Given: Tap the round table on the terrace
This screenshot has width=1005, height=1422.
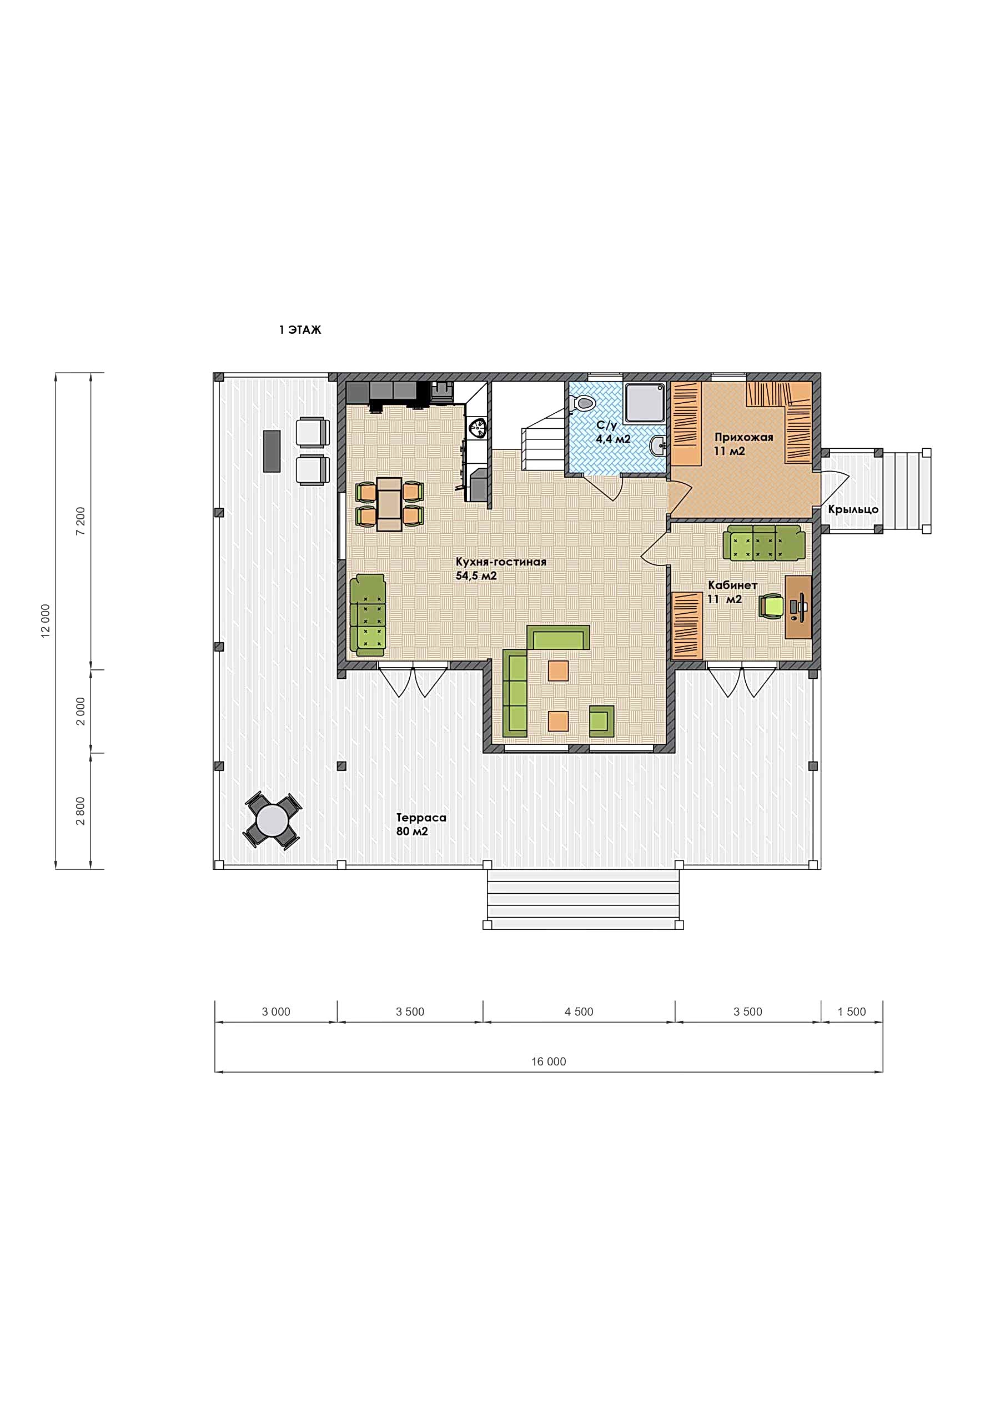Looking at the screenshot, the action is pos(273,820).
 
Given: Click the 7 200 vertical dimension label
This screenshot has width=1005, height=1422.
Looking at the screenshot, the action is pos(81,521).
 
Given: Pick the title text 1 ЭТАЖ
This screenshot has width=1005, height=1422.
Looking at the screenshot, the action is pos(300,330).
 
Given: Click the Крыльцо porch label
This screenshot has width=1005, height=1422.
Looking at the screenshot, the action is pos(853,509).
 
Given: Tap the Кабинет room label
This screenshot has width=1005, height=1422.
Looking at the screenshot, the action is pos(732,585).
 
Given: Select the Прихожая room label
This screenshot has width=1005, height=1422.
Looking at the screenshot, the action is pos(743,437).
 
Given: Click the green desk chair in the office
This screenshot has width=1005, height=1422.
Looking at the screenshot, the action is pos(772,605).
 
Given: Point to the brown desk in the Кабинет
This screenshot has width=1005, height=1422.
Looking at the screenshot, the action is pos(798,607).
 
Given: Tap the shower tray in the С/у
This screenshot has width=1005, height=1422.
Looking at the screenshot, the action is pos(646,404).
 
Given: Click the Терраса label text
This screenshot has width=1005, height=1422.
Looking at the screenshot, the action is pos(421,818).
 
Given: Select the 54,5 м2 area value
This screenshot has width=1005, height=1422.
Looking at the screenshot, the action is pos(476,576).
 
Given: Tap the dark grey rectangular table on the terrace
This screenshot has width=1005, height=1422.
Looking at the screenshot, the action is pos(272,452).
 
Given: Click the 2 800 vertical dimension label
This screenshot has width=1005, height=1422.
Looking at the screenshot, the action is pos(81,812).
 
